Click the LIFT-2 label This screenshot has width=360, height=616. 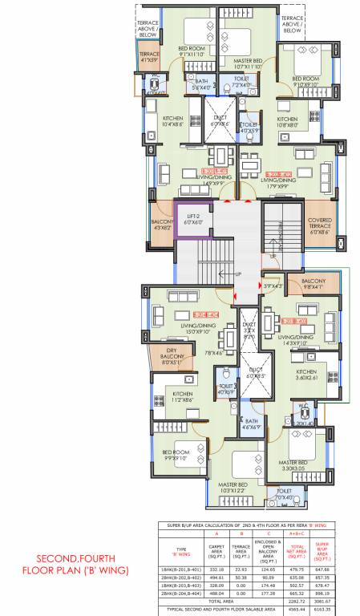192,217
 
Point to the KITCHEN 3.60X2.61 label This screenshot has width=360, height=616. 307,375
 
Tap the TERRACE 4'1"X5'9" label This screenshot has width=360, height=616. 150,57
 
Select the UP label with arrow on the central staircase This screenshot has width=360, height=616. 237,274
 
